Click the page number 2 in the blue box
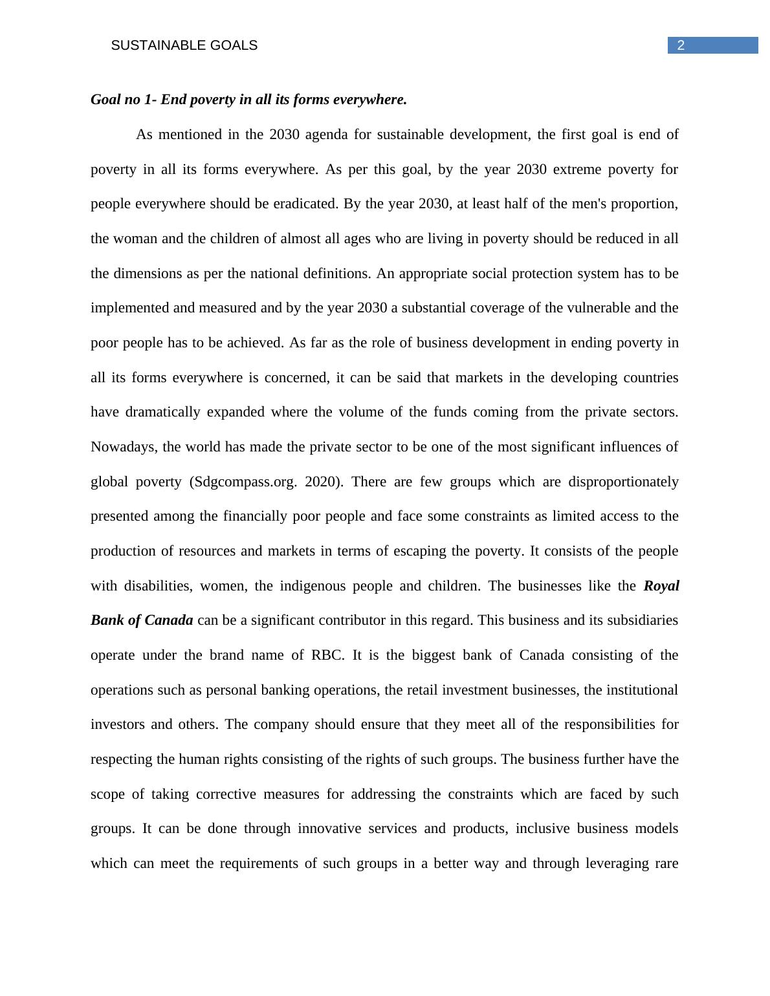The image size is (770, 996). pos(681,45)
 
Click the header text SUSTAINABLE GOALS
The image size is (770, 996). pos(184,45)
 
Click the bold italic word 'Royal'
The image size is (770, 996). pos(661,586)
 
